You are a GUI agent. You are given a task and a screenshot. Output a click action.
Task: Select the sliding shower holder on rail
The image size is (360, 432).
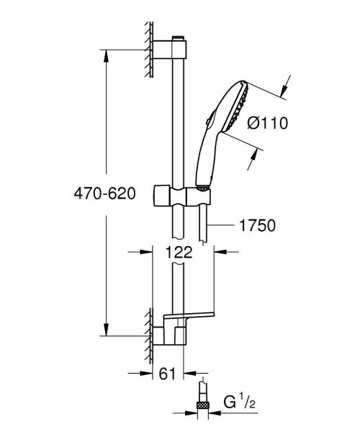click(184, 194)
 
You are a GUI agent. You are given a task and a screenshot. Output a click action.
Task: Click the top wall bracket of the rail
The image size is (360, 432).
click(176, 49)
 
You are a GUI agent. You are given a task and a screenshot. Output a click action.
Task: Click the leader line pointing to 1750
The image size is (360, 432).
click(225, 225)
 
